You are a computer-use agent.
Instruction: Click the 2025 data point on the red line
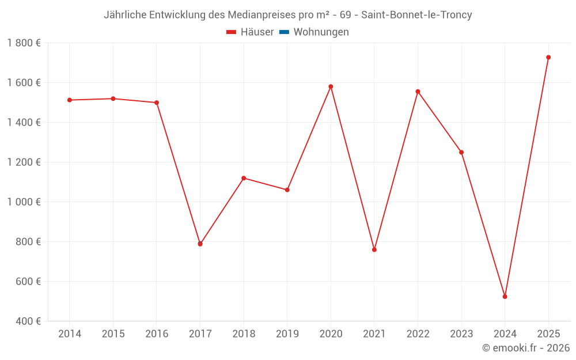[x=548, y=57]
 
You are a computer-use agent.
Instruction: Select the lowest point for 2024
[x=505, y=297]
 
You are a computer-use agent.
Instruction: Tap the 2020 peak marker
[x=331, y=86]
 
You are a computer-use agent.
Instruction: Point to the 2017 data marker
[x=200, y=244]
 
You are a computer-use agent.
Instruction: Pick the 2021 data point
[x=374, y=249]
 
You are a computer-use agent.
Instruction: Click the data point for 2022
[x=418, y=92]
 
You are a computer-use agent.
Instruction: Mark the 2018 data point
[x=244, y=178]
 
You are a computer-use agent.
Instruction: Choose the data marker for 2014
[x=69, y=100]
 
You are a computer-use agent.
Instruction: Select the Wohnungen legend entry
[x=321, y=32]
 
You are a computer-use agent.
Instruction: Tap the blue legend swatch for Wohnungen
[x=284, y=32]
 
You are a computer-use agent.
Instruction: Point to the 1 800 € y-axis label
[x=24, y=43]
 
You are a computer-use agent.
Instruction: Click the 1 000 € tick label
[x=24, y=202]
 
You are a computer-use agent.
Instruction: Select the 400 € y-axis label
[x=28, y=321]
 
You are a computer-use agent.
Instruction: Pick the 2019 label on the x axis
[x=287, y=334]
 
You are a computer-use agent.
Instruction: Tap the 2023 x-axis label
[x=461, y=334]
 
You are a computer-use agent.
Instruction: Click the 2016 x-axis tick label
[x=157, y=334]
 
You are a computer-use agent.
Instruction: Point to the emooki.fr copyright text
[x=525, y=348]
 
